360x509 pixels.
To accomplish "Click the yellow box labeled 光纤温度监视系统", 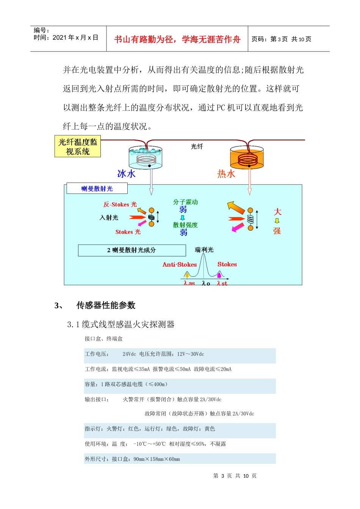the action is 78,147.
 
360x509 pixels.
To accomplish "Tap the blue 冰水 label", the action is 126,174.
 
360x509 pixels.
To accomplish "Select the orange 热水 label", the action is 226,174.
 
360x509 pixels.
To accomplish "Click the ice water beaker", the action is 146,158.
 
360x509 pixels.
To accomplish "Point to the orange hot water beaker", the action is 247,158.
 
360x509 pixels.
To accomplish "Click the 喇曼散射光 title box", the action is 97,189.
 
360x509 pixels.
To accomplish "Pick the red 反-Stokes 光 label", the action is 120,205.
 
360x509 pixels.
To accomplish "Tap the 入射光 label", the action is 109,218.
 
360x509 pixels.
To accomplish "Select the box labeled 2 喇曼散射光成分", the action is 132,250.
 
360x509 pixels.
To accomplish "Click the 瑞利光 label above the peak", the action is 204,250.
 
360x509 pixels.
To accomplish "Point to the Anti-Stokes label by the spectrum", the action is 180,265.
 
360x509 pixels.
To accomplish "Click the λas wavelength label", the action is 189,283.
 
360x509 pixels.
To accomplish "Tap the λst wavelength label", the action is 222,283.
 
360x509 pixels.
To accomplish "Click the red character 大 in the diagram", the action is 277,212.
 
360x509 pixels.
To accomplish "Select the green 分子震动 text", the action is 186,202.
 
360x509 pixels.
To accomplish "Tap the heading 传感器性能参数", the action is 106,305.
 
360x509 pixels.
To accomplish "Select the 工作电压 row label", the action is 97,354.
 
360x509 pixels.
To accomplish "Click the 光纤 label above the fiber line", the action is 197,147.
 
